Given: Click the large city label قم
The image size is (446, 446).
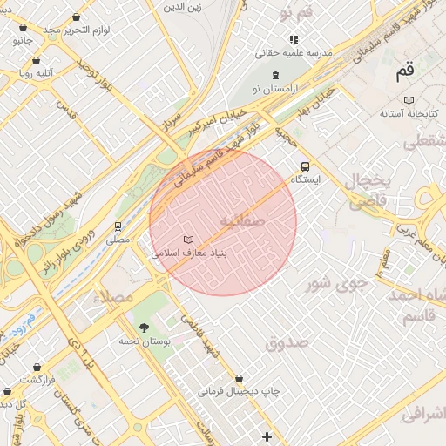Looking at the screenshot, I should [x=406, y=73].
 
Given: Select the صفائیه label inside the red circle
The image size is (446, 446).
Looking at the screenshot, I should [x=240, y=220].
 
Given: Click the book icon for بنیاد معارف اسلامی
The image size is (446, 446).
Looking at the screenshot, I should [x=188, y=239].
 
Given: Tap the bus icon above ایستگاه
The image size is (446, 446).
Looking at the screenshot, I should [x=305, y=166].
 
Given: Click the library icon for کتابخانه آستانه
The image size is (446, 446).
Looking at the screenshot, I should [x=409, y=100].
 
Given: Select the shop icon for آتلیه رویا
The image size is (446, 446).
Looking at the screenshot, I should [x=36, y=61].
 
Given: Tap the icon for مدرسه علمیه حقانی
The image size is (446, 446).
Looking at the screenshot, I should [x=294, y=39].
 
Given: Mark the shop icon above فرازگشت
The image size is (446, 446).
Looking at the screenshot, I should [x=37, y=367].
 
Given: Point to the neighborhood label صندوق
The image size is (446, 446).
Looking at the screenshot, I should [x=287, y=342].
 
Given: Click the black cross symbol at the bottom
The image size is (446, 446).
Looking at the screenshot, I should [x=267, y=436].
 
